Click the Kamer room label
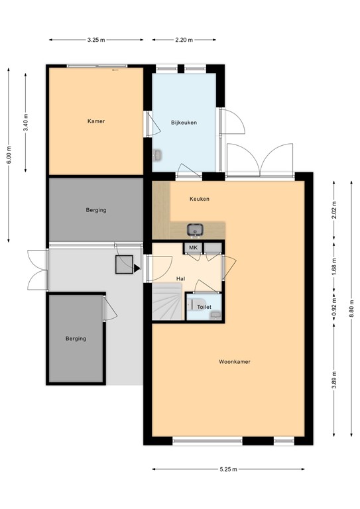[x=96, y=121]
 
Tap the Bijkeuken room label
[x=184, y=123]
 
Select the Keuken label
[x=200, y=198]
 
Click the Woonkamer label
[x=235, y=362]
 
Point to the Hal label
[x=180, y=279]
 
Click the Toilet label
[x=205, y=308]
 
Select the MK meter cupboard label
[x=194, y=248]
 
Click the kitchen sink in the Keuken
[x=195, y=230]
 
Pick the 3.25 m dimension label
[x=96, y=40]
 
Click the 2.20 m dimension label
[x=184, y=40]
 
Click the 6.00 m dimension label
[x=9, y=154]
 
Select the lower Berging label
[x=76, y=339]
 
